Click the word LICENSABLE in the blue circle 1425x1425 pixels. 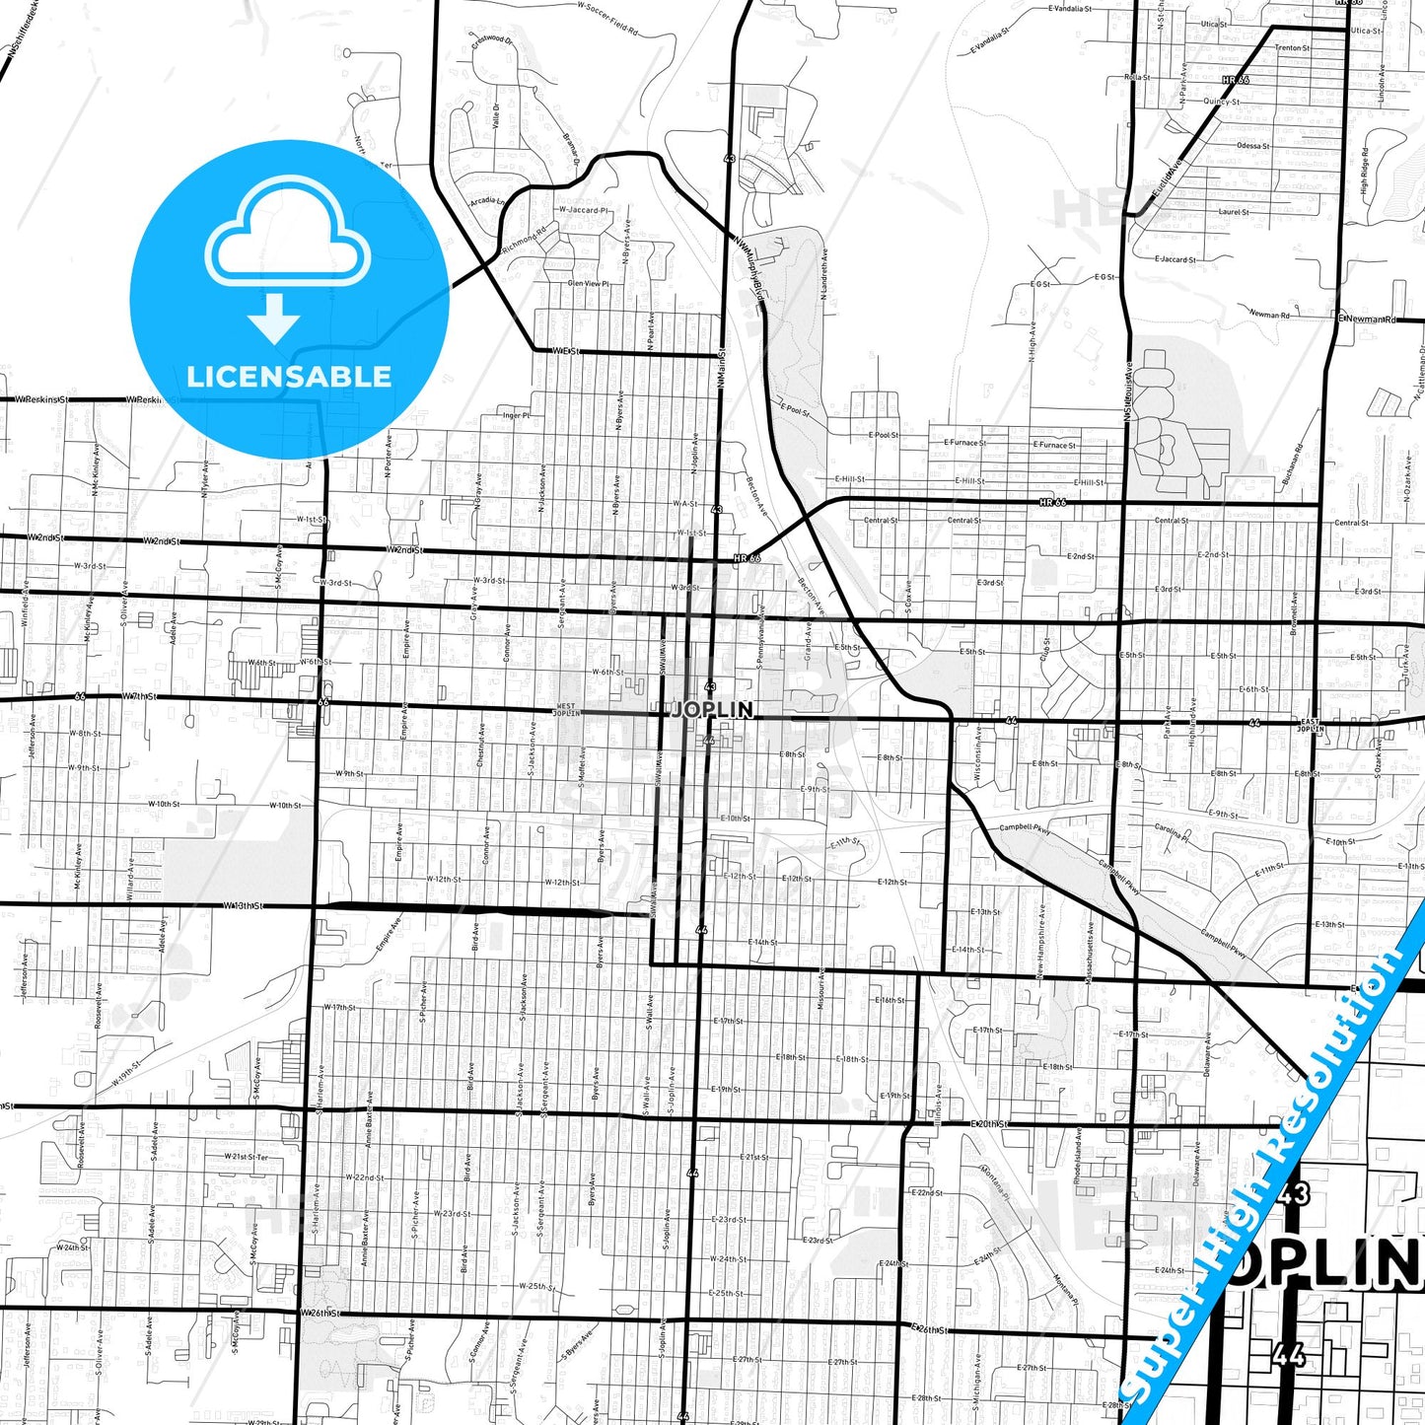289,377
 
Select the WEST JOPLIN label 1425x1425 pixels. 566,709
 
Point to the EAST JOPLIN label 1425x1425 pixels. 1309,725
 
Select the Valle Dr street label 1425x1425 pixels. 496,116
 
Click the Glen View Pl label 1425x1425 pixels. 589,283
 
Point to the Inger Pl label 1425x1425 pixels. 516,415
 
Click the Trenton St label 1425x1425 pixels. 1291,47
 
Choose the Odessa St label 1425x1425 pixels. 1252,146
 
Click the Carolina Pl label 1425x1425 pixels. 1173,832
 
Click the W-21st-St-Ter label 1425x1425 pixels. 246,1157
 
